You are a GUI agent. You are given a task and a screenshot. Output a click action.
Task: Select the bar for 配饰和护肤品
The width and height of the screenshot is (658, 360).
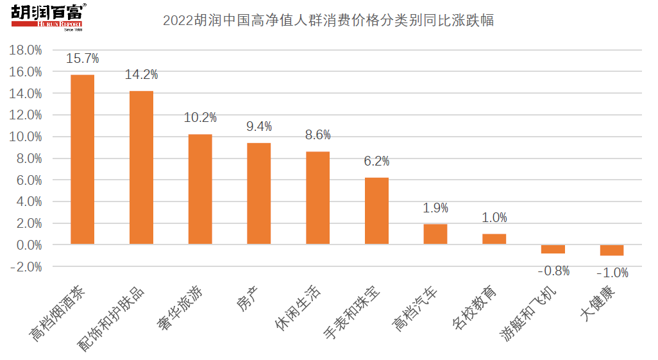coord(141,167)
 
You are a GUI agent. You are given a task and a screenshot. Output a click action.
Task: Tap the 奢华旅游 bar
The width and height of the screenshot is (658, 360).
coord(200,189)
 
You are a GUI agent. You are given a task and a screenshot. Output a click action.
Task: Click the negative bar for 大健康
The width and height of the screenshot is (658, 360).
coord(612,250)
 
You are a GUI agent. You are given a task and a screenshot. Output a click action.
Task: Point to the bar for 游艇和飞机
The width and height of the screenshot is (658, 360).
coord(553,249)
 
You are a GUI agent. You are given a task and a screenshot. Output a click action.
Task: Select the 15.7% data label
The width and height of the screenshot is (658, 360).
coord(83,59)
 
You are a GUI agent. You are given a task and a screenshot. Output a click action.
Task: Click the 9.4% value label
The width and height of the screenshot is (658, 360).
coord(259,126)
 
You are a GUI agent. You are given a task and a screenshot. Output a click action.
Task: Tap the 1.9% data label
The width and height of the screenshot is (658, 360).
coord(435,208)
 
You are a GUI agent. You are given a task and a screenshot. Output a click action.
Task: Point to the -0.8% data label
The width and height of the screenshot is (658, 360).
coord(553,271)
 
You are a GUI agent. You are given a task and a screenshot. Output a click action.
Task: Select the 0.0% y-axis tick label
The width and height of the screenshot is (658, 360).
coord(29,245)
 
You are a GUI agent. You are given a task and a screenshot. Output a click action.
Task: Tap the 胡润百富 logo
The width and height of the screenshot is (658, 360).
coord(49,17)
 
